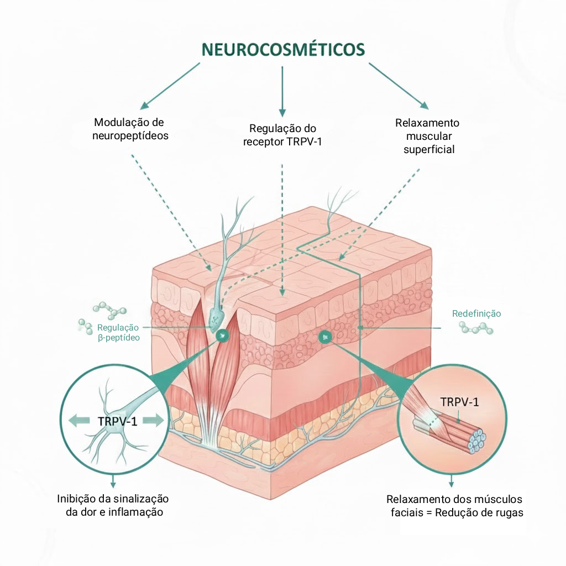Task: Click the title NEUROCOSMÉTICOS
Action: pos(283,49)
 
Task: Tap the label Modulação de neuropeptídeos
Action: pos(130,128)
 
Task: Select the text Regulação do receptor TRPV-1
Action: pos(282,135)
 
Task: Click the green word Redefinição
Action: pos(476,313)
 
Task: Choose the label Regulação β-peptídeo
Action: pos(118,332)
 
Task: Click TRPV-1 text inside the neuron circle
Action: pos(117,421)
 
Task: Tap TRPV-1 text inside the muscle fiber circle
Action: pos(459,402)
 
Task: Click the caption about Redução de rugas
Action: pos(454,505)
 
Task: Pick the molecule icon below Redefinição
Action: pos(476,329)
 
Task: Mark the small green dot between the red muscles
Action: pos(222,335)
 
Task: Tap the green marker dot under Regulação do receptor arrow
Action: pos(324,336)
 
